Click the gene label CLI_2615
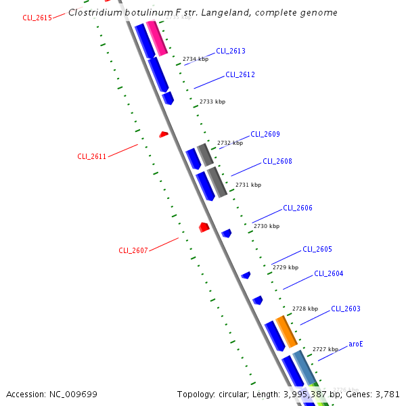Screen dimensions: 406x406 click(37, 18)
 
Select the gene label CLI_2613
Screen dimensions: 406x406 click(231, 51)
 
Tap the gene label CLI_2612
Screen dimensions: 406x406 click(240, 74)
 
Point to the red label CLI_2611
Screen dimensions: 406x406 click(91, 156)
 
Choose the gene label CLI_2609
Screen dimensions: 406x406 click(265, 134)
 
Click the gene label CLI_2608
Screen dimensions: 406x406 click(277, 161)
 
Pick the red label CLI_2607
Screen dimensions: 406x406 click(133, 250)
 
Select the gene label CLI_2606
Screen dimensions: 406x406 click(298, 208)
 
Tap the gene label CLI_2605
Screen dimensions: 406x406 click(317, 249)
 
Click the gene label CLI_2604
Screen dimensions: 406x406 click(329, 273)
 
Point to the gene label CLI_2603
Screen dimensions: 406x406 click(346, 309)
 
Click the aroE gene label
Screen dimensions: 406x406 click(356, 344)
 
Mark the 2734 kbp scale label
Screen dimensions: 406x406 click(195, 59)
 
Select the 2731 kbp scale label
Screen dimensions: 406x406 click(248, 185)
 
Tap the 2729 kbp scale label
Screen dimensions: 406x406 click(285, 268)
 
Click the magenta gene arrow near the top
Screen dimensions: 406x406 click(157, 38)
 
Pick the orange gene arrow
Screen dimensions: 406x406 click(286, 331)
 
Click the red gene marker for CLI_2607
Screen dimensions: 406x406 click(204, 227)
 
